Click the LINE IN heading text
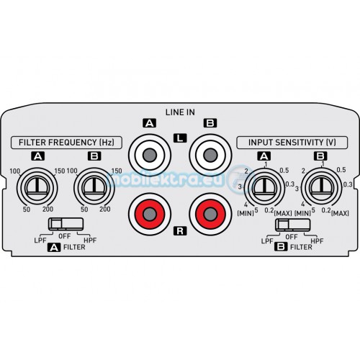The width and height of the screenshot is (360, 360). click(180, 112)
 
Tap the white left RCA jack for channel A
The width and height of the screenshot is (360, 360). click(150, 155)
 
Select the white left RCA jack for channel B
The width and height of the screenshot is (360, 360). click(210, 155)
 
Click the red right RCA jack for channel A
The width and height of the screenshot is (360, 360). click(150, 214)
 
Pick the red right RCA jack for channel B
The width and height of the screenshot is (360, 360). click(210, 214)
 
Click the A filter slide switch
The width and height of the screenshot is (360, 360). click(66, 224)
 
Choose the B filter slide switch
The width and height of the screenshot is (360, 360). click(292, 225)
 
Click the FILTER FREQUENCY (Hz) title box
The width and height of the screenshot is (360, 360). click(66, 143)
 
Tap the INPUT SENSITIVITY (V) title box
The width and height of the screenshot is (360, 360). click(292, 143)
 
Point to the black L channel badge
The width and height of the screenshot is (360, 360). click(180, 138)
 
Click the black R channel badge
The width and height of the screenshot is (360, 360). click(180, 231)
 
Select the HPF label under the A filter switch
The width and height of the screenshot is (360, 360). click(90, 240)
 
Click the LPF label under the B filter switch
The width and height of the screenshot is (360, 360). click(267, 241)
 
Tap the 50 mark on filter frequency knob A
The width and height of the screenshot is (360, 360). click(27, 210)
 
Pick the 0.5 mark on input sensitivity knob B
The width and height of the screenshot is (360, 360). click(341, 170)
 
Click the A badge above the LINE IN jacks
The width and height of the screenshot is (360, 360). click(149, 123)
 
